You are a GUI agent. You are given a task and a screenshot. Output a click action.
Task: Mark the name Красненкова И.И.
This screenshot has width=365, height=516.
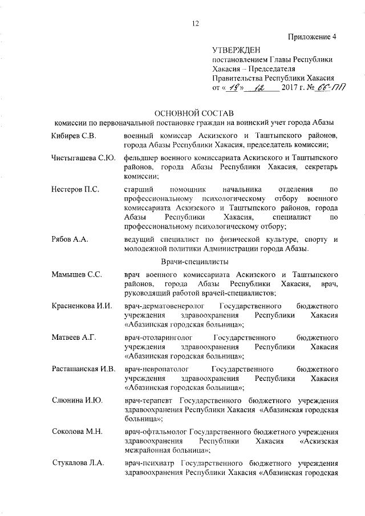[80, 306]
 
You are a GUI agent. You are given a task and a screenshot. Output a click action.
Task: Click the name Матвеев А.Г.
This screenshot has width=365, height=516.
[72, 336]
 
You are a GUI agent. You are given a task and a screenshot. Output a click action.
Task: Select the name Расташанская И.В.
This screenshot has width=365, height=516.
[83, 368]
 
